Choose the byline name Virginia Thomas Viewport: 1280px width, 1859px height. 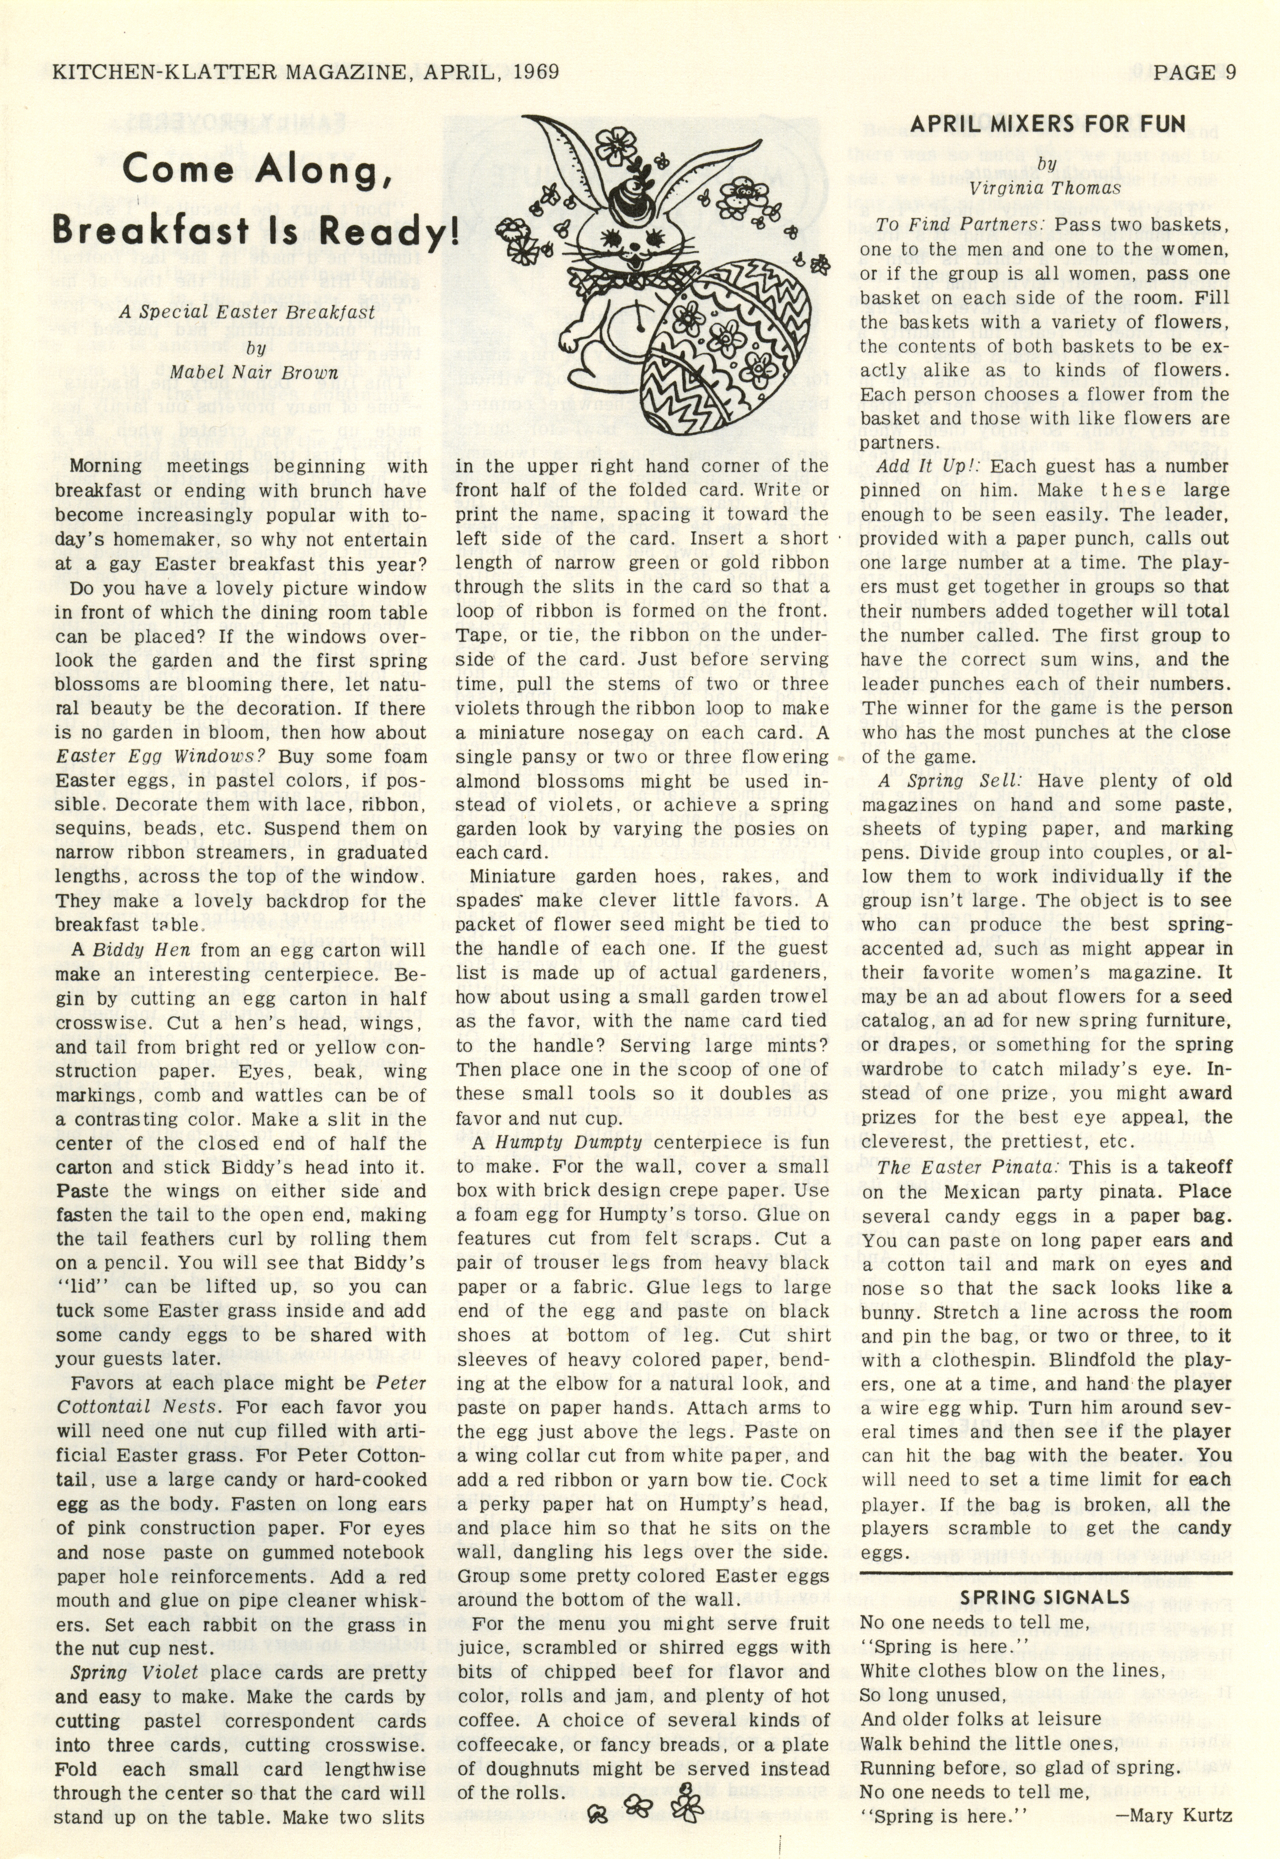point(1045,188)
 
